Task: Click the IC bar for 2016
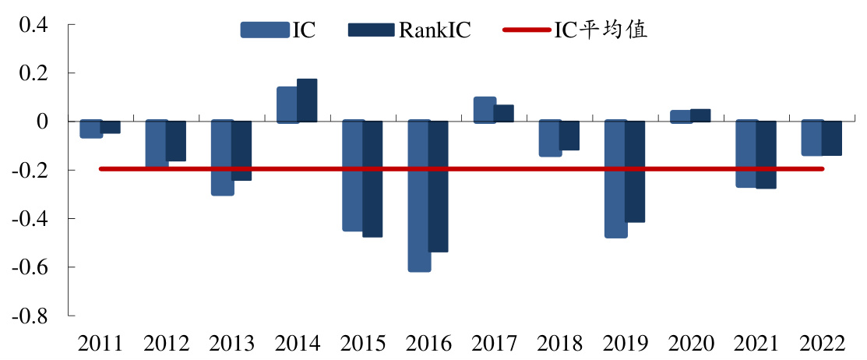(419, 196)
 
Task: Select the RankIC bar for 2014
(307, 101)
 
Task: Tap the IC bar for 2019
(615, 178)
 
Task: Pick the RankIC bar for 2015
(372, 178)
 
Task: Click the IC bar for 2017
(485, 110)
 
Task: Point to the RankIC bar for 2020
(700, 115)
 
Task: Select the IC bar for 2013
(223, 157)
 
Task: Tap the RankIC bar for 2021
(765, 154)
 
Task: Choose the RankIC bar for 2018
(569, 136)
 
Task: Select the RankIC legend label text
(435, 30)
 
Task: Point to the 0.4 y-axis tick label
(33, 24)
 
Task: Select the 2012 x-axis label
(167, 344)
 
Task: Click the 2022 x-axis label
(823, 344)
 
